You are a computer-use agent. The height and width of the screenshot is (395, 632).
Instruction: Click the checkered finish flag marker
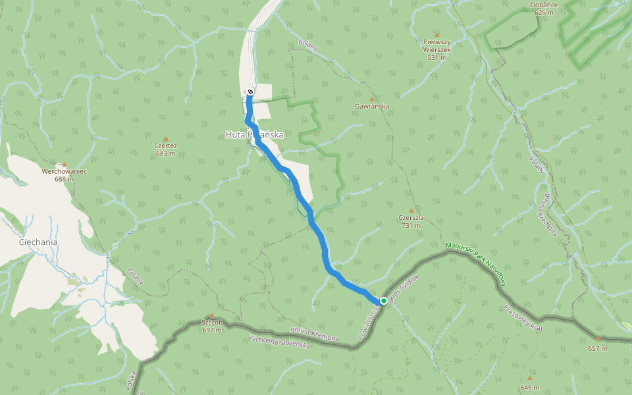tap(250, 92)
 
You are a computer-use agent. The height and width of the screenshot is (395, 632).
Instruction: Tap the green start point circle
tap(384, 301)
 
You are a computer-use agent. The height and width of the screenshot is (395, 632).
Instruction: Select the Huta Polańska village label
tap(254, 134)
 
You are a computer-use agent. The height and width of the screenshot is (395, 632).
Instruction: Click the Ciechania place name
tap(38, 242)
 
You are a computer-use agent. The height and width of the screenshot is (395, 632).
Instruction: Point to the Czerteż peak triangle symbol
tap(165, 139)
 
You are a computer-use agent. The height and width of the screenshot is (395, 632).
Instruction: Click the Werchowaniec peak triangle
tap(65, 165)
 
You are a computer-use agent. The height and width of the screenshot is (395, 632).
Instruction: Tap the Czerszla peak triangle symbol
tap(411, 211)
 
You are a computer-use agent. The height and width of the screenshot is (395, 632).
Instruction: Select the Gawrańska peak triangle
tap(371, 99)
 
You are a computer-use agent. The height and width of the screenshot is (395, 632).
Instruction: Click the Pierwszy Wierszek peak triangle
tap(436, 34)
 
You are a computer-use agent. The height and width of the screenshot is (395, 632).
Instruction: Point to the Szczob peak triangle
tap(212, 316)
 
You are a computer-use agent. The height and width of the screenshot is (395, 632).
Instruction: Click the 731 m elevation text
tap(411, 225)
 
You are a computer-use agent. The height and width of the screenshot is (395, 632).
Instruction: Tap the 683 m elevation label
tap(165, 153)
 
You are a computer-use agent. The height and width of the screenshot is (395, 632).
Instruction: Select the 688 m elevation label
tap(65, 179)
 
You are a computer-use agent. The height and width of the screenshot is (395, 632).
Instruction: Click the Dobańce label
tap(544, 5)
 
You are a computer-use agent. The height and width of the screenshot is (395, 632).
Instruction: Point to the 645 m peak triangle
tap(529, 378)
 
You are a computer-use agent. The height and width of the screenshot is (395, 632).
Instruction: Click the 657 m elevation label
tap(598, 348)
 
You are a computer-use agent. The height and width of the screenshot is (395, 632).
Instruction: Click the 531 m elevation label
tap(436, 57)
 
